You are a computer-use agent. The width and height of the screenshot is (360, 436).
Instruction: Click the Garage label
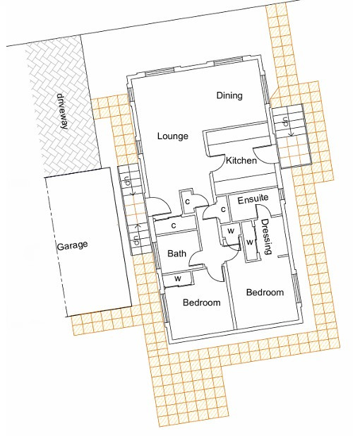pos(72,246)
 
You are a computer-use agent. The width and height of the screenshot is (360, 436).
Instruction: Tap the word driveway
pos(63,112)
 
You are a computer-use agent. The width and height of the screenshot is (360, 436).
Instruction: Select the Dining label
pos(229,95)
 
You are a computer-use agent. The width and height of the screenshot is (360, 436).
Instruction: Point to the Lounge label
pos(172,136)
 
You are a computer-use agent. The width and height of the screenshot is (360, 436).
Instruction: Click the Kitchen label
pos(241,160)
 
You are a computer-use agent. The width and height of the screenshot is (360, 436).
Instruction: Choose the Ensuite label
pos(253,199)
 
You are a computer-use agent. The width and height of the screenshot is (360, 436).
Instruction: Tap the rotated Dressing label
pos(266,237)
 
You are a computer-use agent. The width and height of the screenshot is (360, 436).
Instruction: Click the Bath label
pos(176,253)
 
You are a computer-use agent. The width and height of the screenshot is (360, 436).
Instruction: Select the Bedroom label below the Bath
pos(202,302)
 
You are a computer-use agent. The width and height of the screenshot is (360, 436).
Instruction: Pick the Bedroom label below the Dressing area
pos(265,293)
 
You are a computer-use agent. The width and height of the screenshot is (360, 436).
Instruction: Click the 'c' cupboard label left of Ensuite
pos(223,209)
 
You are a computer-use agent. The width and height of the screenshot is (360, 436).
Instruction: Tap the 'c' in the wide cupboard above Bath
pos(174,225)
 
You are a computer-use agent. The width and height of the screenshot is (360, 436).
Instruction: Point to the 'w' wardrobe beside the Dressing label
pos(250,242)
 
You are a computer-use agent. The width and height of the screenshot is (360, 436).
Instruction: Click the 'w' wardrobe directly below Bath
pos(178,278)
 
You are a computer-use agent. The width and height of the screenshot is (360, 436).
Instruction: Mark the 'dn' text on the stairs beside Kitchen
pos(285,122)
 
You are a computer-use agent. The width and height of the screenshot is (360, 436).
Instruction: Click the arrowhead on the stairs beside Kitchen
pos(291,134)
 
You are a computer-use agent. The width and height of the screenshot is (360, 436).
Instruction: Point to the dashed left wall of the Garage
pos(56,247)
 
